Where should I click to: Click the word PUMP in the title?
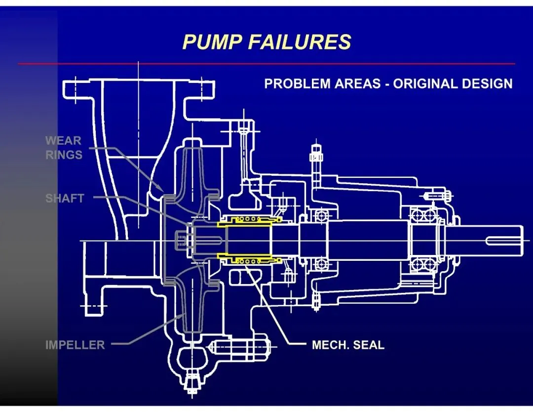pyautogui.click(x=212, y=42)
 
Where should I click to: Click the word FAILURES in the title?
pyautogui.click(x=299, y=42)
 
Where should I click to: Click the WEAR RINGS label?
pyautogui.click(x=64, y=148)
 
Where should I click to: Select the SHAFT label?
pyautogui.click(x=65, y=199)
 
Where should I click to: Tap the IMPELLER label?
pyautogui.click(x=75, y=345)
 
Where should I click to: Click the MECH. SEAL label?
pyautogui.click(x=348, y=345)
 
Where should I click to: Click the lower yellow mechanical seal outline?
pyautogui.click(x=249, y=259)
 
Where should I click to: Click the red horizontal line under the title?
pyautogui.click(x=266, y=64)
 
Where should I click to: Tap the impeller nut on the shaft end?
pyautogui.click(x=181, y=241)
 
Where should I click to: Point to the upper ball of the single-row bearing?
pyautogui.click(x=322, y=216)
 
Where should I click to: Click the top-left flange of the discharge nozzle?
pyautogui.click(x=74, y=89)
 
